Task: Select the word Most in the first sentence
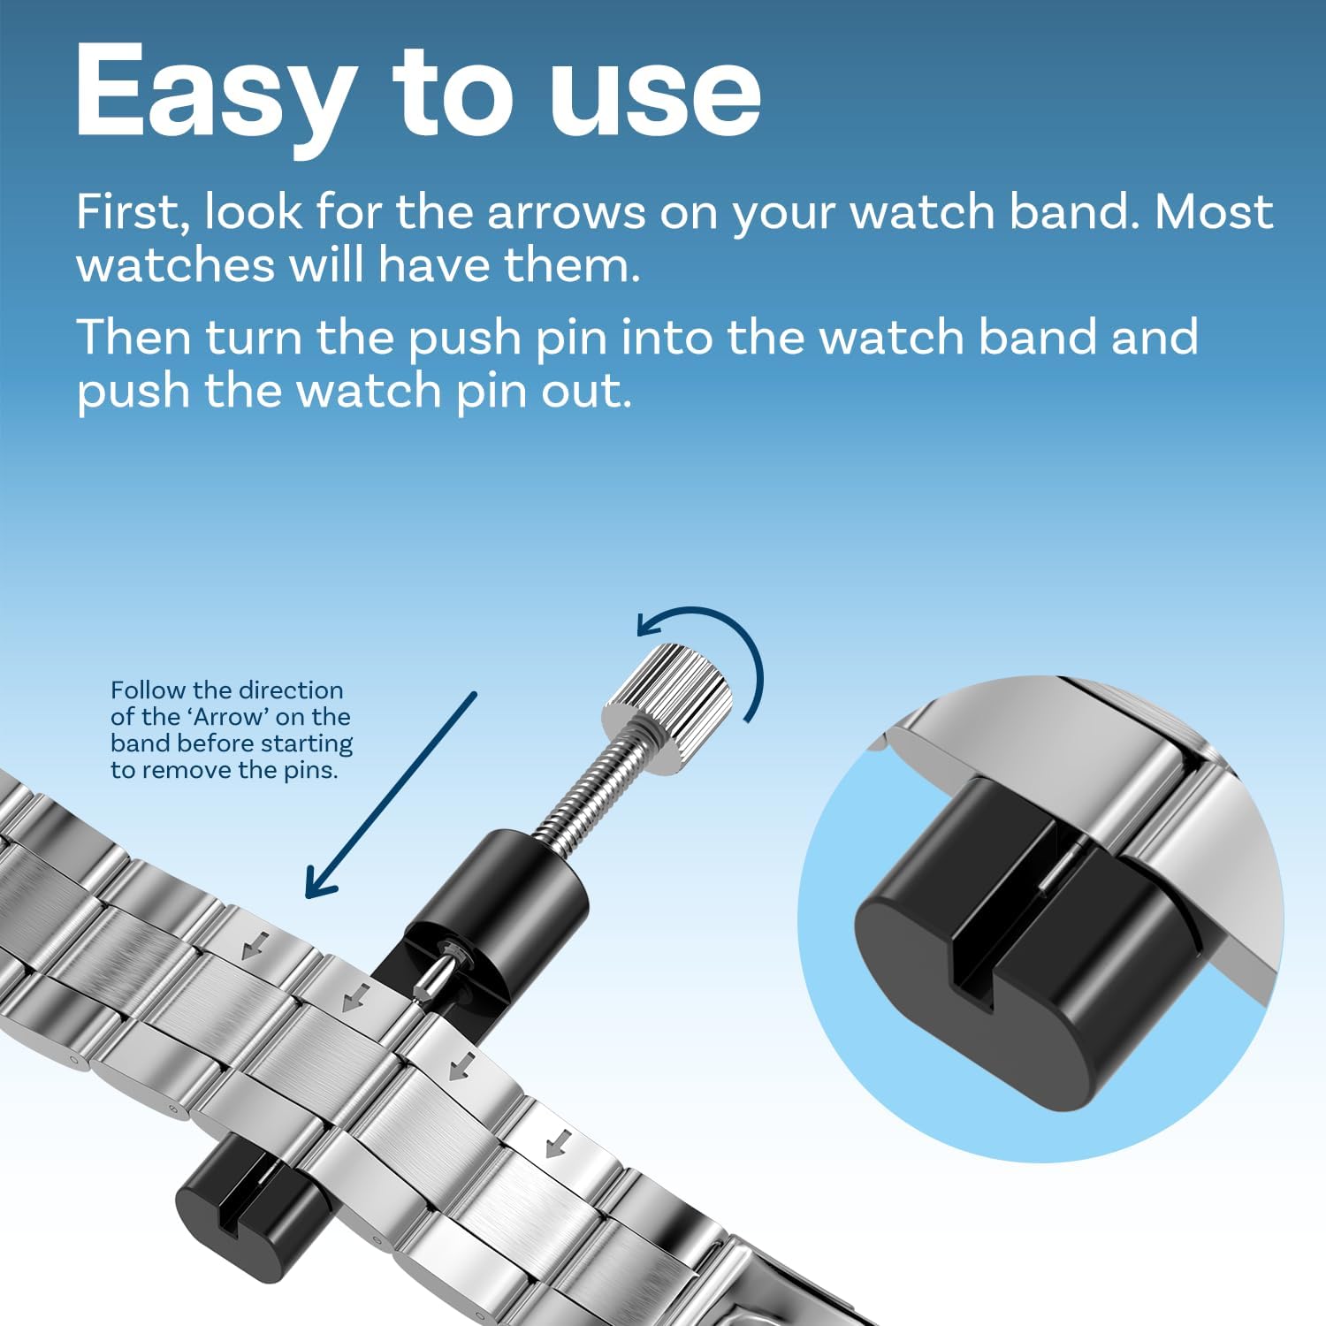point(1214,212)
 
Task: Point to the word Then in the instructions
point(133,338)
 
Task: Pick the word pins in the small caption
point(310,771)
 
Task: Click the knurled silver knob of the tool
point(668,697)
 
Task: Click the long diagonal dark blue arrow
point(391,795)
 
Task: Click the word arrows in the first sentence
point(567,214)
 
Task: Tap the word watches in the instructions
point(176,265)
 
